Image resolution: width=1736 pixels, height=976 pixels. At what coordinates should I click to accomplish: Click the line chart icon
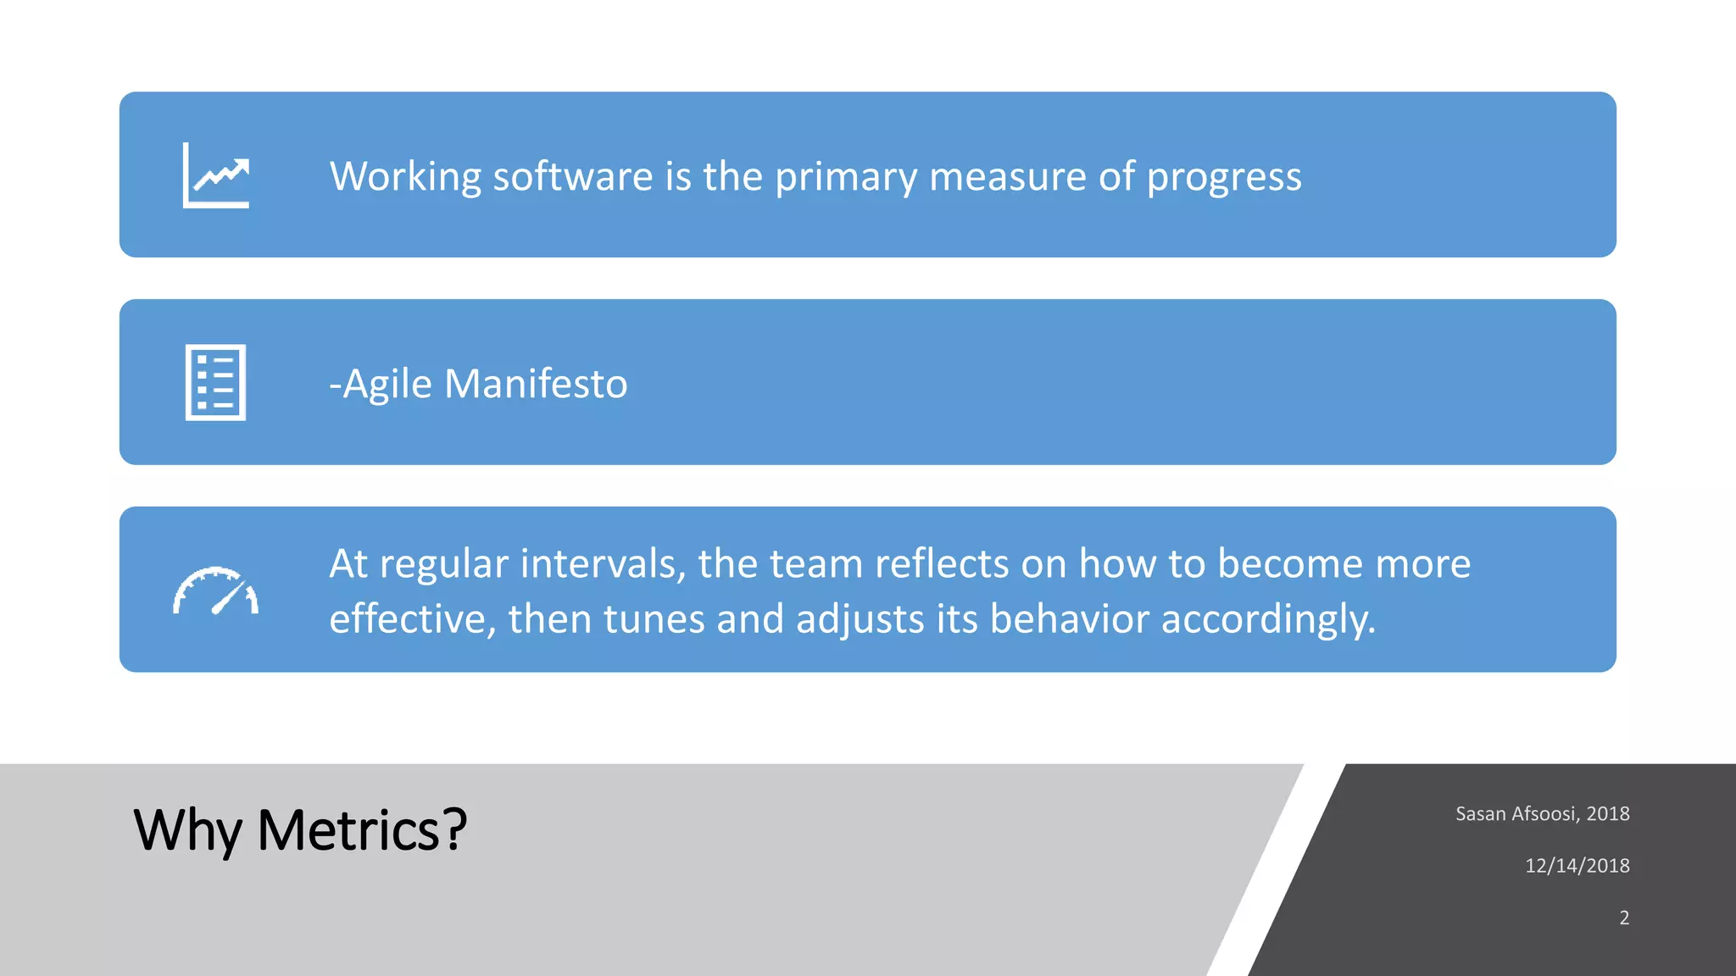click(216, 175)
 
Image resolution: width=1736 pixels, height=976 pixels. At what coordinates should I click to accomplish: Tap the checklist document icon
click(215, 382)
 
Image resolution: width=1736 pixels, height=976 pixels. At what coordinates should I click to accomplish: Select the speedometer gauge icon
click(215, 591)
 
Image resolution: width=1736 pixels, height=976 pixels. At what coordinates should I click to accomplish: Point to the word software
click(572, 177)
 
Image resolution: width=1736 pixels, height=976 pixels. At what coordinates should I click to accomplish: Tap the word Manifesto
click(536, 384)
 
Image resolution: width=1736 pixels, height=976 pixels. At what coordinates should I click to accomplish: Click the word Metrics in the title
click(362, 830)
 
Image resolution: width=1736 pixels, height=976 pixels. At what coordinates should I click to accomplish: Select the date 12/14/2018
click(1577, 866)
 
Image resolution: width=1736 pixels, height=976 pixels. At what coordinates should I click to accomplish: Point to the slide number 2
click(1623, 918)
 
